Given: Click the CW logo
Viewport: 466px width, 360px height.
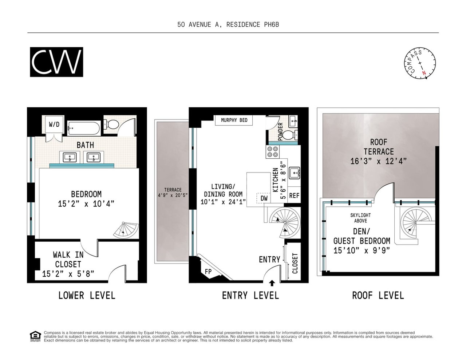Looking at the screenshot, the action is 56,62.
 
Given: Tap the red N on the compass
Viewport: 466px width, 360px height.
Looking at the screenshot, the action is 424,73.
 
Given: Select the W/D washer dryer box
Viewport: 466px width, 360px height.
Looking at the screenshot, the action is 54,124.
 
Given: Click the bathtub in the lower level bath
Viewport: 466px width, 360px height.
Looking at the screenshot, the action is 84,128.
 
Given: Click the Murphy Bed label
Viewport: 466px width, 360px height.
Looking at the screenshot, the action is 234,120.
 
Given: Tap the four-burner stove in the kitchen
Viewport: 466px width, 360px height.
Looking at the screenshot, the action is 273,152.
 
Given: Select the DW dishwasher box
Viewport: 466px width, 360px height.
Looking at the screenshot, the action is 264,198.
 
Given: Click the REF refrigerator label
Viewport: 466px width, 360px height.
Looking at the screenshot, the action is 294,195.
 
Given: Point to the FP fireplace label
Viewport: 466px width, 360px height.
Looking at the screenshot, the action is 208,272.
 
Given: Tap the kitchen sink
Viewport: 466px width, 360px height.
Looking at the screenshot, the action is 294,173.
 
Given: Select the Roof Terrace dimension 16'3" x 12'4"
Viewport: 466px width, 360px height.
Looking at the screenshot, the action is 379,161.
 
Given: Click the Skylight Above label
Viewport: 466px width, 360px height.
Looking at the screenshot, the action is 360,218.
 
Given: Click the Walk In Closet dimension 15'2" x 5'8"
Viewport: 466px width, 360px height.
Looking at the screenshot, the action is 68,274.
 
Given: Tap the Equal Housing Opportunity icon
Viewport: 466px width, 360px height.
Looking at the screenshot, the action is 35,337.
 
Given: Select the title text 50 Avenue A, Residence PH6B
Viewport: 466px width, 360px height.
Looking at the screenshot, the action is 228,25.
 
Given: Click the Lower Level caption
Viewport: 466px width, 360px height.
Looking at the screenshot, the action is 87,296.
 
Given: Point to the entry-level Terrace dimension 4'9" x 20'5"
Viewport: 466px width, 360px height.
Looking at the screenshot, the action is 173,195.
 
